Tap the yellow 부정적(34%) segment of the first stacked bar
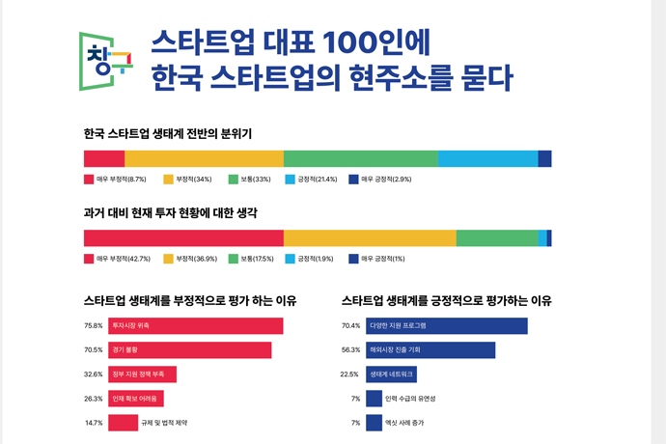(204, 158)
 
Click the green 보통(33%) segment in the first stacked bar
(360, 158)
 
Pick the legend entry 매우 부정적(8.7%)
(115, 180)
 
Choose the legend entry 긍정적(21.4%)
(311, 180)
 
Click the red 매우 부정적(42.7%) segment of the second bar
(183, 238)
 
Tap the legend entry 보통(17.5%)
(252, 259)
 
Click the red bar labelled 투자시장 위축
(195, 325)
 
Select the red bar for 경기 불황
(189, 349)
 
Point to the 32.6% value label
(94, 375)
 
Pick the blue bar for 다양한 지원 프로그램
(446, 325)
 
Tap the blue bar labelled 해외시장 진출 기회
(430, 349)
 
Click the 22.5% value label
(349, 375)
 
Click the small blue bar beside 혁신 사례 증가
(374, 423)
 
